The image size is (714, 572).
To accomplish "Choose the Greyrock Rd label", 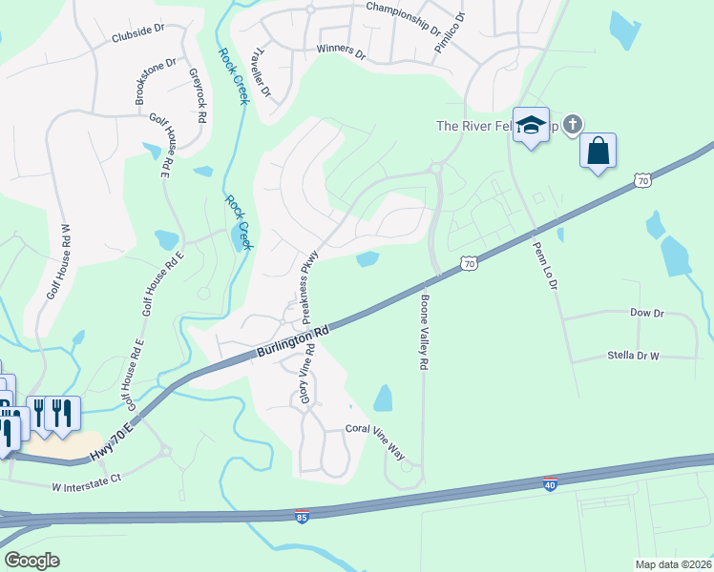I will pyautogui.click(x=197, y=96).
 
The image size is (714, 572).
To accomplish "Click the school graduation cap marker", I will pyautogui.click(x=531, y=125).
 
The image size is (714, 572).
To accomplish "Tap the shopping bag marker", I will pyautogui.click(x=598, y=151).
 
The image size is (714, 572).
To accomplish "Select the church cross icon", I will pyautogui.click(x=573, y=123).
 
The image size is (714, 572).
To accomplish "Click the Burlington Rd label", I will pyautogui.click(x=292, y=342).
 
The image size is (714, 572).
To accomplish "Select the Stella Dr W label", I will pyautogui.click(x=633, y=356).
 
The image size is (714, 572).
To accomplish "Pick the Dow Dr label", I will pyautogui.click(x=646, y=313).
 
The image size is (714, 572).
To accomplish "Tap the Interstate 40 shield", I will pyautogui.click(x=549, y=484).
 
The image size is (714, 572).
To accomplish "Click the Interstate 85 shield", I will pyautogui.click(x=302, y=516).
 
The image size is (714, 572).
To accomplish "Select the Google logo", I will pyautogui.click(x=32, y=561).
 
